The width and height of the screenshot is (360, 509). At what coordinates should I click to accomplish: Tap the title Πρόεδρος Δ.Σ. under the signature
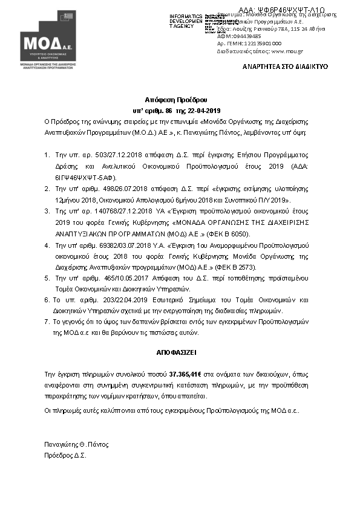[65, 455]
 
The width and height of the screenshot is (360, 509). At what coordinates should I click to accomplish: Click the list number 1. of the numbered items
[47, 155]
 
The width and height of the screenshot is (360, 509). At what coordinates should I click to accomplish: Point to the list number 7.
[47, 322]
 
